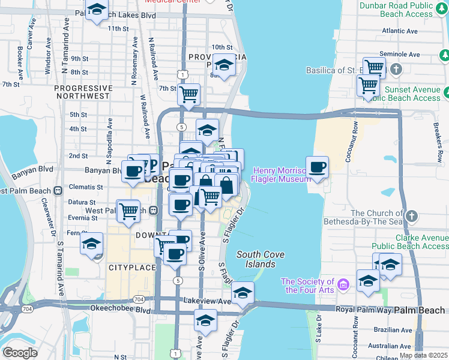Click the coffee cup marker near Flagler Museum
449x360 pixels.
coord(317,168)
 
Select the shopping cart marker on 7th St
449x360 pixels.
coord(189,94)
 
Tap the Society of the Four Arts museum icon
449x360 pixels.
coord(343,283)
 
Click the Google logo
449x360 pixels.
coord(20,353)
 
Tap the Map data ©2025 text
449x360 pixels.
coord(423,355)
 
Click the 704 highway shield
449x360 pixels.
coord(139,299)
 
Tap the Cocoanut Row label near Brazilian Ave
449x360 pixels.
coord(355,338)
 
